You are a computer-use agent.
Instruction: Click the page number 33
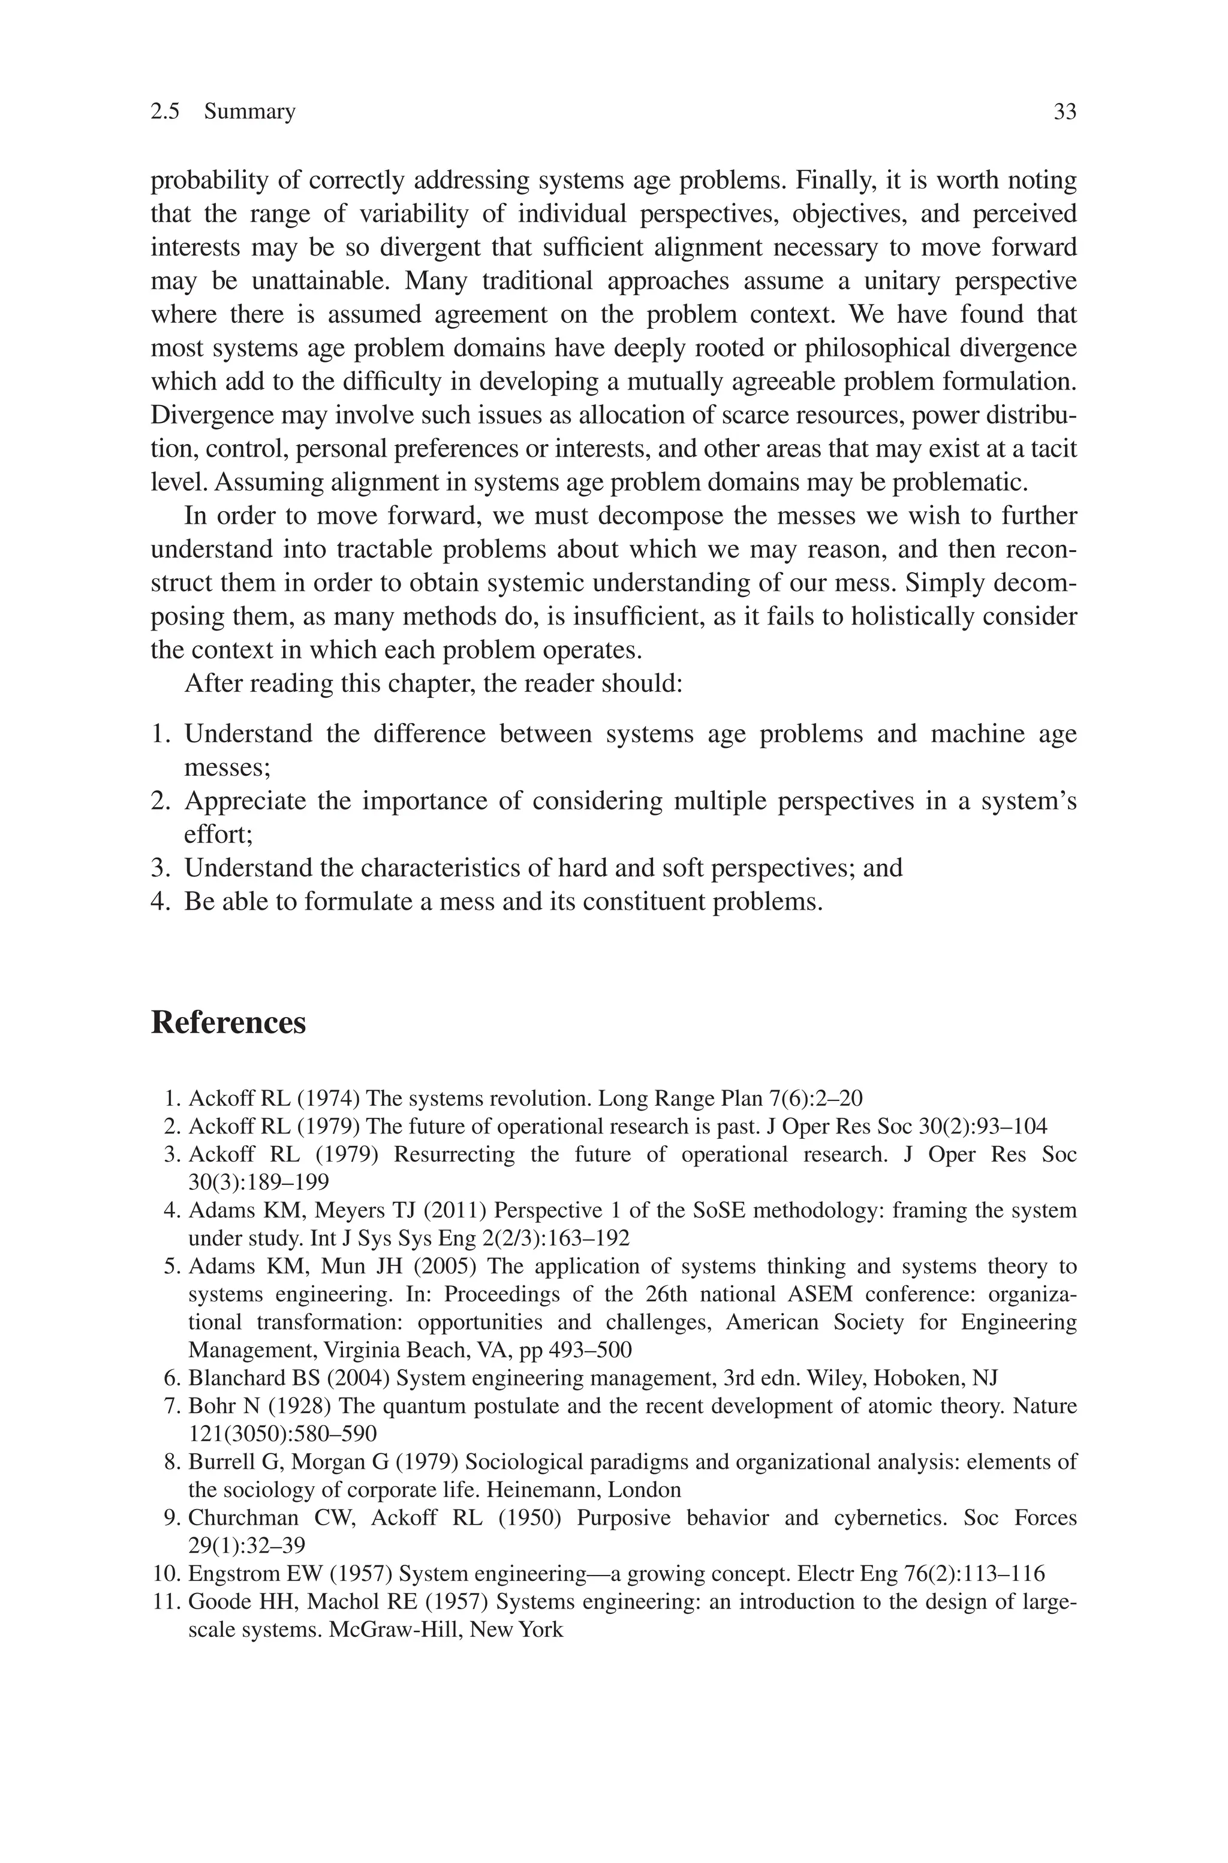1064,112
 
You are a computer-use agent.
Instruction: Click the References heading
228,1023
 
